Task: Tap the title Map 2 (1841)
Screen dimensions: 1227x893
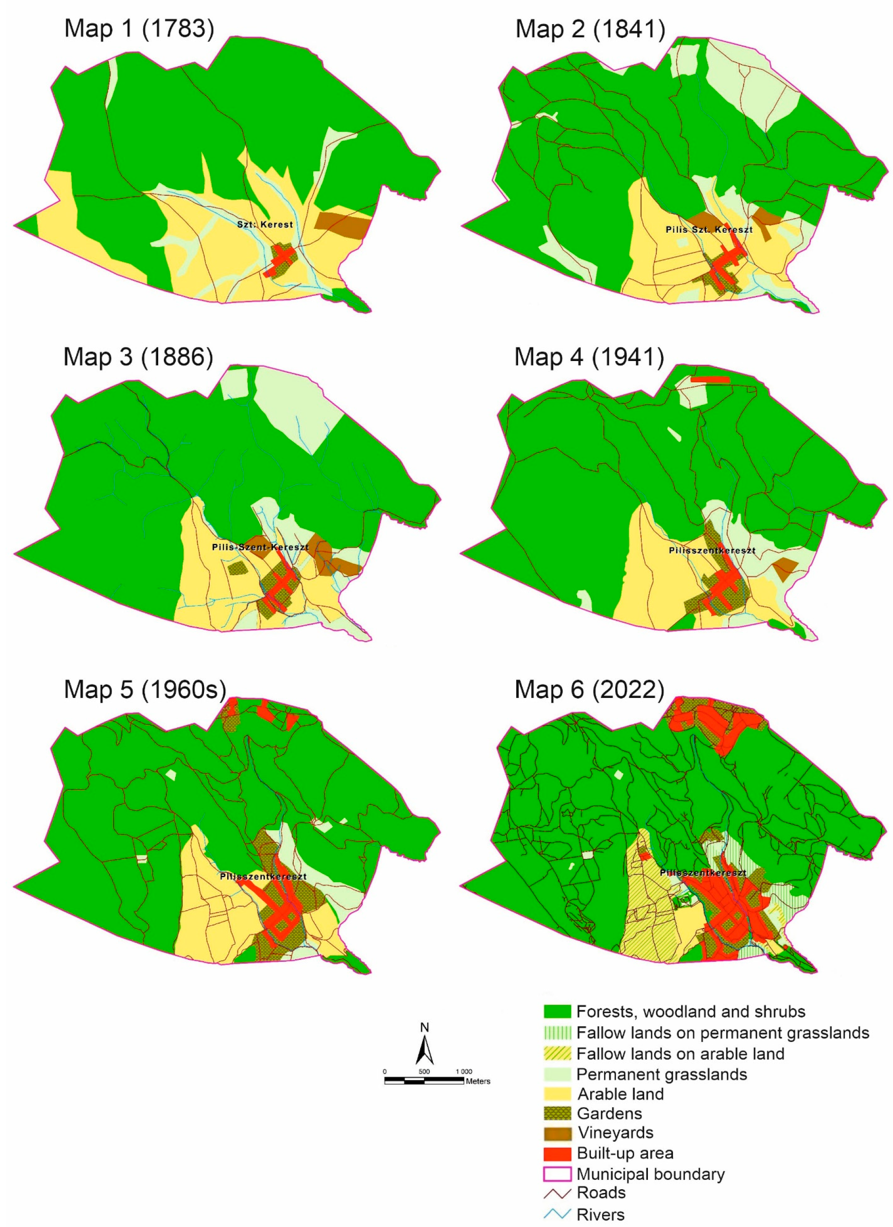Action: point(590,29)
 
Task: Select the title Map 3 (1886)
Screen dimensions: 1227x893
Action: point(138,357)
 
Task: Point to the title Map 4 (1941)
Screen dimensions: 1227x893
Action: point(589,357)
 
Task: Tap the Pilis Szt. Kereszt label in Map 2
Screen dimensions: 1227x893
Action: point(708,229)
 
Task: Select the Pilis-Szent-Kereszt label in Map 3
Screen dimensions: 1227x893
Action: point(260,547)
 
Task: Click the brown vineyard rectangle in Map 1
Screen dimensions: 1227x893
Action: point(342,223)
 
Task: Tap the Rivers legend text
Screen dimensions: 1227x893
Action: point(600,1215)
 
